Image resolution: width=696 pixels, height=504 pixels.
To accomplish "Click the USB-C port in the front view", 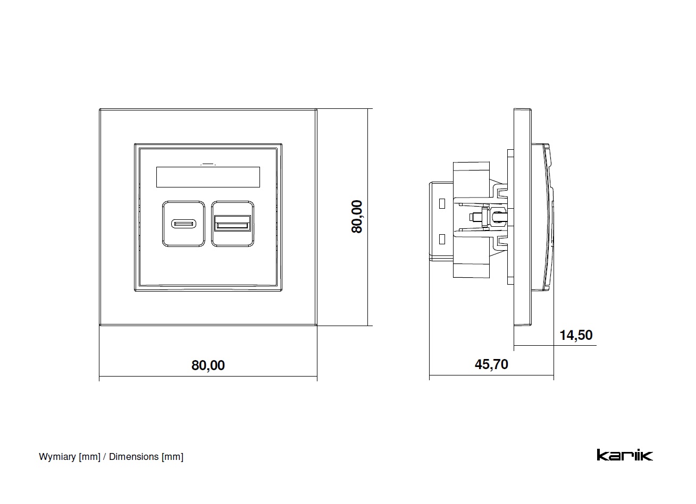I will click(183, 224).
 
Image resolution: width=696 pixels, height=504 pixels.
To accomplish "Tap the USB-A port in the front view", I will click(232, 224).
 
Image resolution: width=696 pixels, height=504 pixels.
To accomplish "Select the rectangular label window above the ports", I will click(208, 177).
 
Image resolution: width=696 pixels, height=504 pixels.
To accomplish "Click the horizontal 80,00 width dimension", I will click(208, 365).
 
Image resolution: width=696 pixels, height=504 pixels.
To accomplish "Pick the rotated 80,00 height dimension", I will click(357, 216).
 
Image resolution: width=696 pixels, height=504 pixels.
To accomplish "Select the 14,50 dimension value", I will click(576, 335).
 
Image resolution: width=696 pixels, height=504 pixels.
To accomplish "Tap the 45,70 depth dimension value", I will click(491, 364).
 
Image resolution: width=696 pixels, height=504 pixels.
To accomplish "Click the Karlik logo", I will click(624, 455).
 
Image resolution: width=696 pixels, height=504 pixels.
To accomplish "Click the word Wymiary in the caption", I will click(57, 457).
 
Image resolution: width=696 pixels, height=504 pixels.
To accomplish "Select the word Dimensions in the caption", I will click(133, 457).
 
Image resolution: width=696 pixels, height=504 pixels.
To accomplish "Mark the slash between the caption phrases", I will click(105, 457).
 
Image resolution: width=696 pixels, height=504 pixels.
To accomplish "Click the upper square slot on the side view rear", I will click(441, 203).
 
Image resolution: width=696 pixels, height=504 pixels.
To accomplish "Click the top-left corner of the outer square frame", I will click(100, 109).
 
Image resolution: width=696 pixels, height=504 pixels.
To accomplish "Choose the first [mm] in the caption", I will click(89, 457).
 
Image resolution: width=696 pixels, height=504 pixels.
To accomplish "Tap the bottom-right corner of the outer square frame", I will click(316, 324).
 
